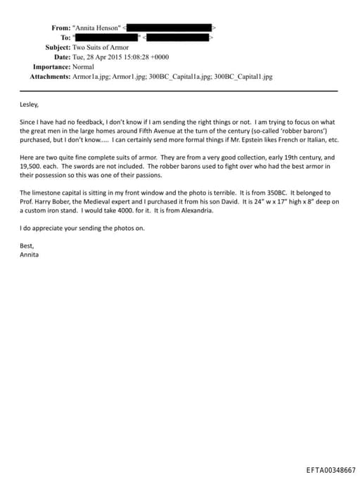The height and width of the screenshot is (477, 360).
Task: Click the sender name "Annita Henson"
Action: click(97, 27)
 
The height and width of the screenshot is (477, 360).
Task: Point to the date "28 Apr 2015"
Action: click(105, 57)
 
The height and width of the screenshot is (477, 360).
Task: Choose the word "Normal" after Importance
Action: click(88, 67)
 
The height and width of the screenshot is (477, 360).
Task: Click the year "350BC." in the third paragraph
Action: click(245, 192)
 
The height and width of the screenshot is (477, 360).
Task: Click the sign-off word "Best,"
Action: click(27, 246)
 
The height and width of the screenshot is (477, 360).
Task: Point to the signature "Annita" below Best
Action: click(30, 254)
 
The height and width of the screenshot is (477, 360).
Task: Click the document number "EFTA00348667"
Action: click(330, 468)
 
